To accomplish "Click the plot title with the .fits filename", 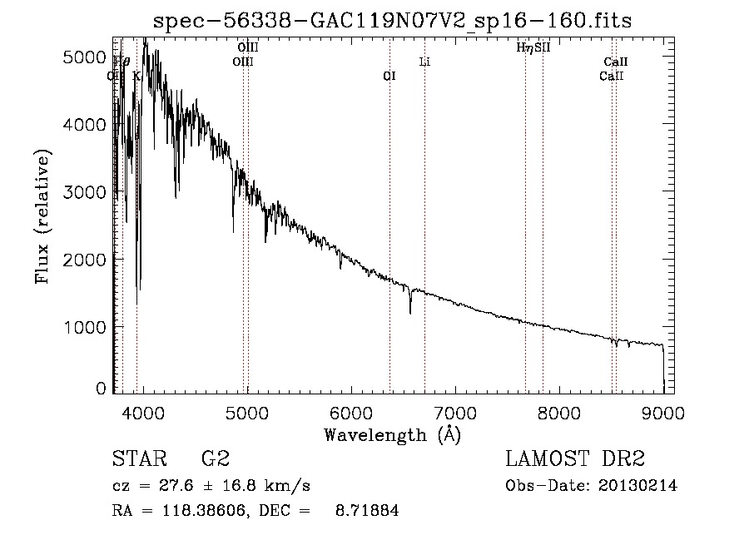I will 394,22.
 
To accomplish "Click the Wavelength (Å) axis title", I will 392,434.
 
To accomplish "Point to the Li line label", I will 424,62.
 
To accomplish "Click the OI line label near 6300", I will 389,76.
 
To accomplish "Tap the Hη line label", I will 525,47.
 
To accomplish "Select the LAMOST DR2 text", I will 575,459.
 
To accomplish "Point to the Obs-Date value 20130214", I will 638,486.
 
